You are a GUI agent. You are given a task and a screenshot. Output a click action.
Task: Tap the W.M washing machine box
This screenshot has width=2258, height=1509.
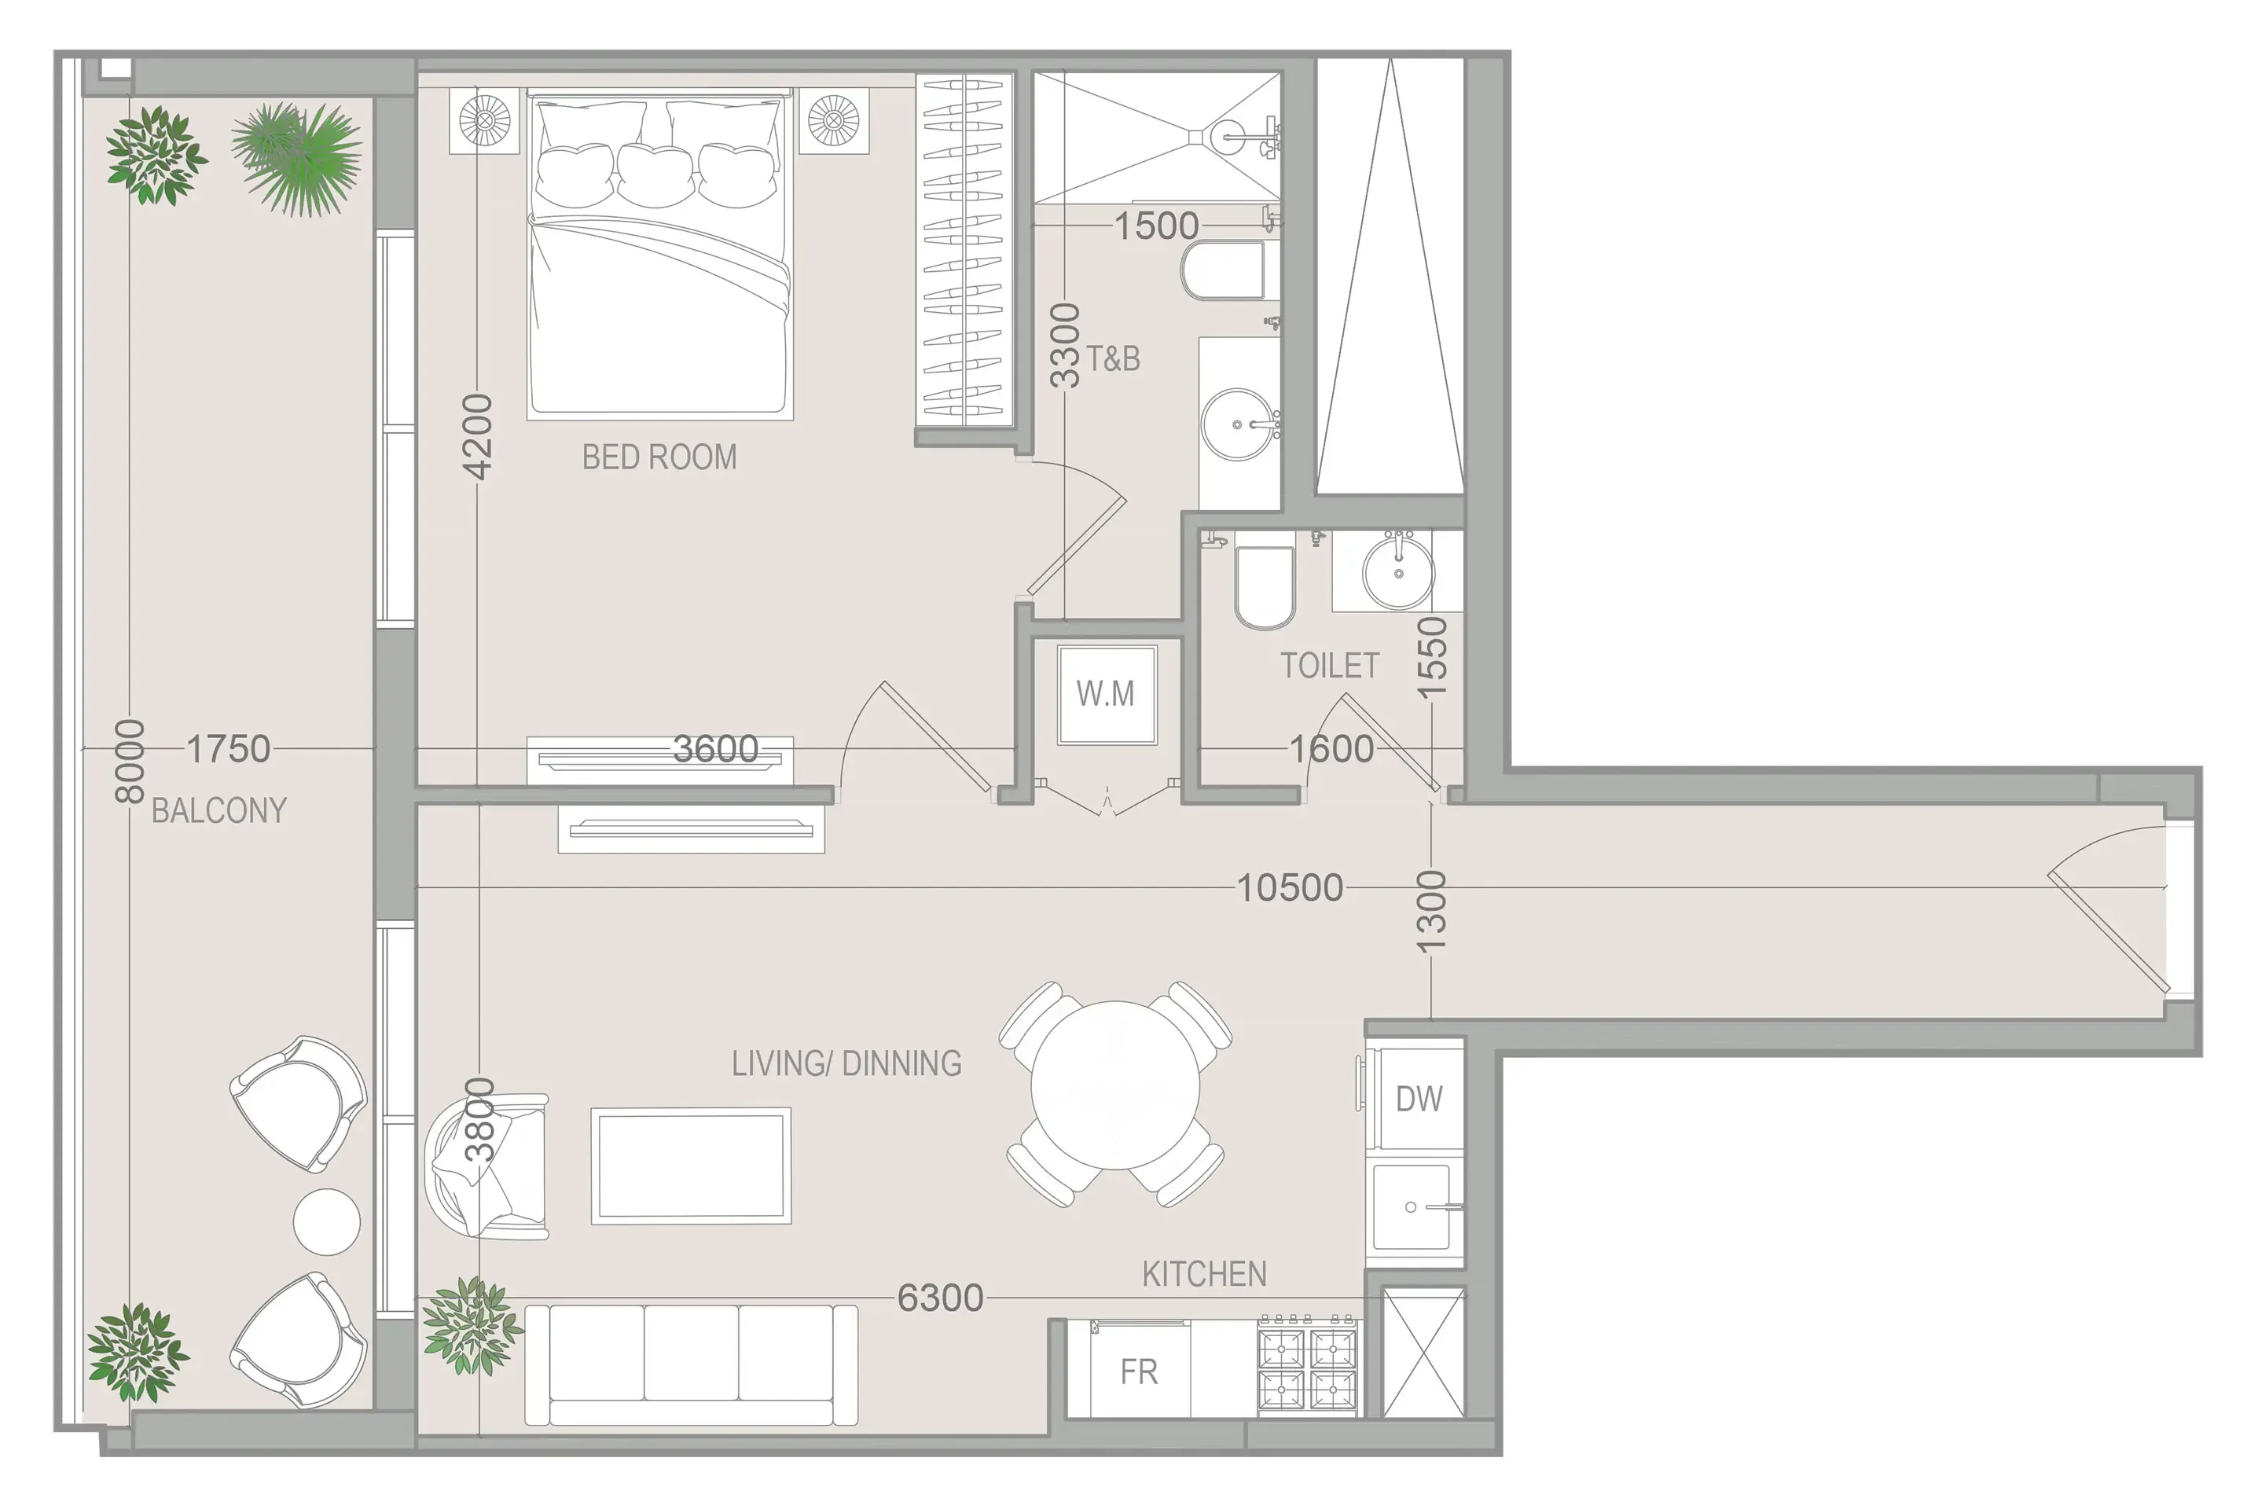pyautogui.click(x=1107, y=694)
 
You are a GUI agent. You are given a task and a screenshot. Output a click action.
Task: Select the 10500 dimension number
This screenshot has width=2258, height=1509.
pyautogui.click(x=1289, y=887)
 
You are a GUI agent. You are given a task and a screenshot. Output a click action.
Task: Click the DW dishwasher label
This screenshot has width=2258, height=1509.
pyautogui.click(x=1418, y=1098)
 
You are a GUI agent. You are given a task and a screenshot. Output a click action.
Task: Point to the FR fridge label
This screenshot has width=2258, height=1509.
pyautogui.click(x=1139, y=1371)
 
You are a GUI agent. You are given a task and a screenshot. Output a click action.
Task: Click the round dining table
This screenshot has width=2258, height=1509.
pyautogui.click(x=1115, y=1085)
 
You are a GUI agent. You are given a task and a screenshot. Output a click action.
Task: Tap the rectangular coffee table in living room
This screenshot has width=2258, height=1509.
pyautogui.click(x=691, y=1166)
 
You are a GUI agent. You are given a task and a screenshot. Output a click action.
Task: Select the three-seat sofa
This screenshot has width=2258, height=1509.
pyautogui.click(x=691, y=1364)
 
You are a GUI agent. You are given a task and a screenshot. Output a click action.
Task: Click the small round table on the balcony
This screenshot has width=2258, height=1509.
pyautogui.click(x=326, y=1221)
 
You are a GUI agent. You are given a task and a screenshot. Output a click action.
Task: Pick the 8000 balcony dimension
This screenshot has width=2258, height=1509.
pyautogui.click(x=130, y=760)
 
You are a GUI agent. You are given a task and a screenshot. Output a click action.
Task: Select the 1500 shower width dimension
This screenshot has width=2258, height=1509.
pyautogui.click(x=1155, y=226)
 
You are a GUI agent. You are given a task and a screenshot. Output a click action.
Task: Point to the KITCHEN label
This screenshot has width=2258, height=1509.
pyautogui.click(x=1203, y=1274)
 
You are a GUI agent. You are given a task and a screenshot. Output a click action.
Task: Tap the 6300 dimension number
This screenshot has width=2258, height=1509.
pyautogui.click(x=940, y=1298)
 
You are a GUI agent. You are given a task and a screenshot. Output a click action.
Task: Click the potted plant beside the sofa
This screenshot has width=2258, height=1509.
pyautogui.click(x=472, y=1325)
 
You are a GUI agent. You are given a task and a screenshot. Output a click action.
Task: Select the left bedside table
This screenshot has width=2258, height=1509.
pyautogui.click(x=485, y=121)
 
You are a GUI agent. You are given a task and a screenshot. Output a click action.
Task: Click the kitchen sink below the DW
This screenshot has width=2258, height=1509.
pyautogui.click(x=1412, y=1207)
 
